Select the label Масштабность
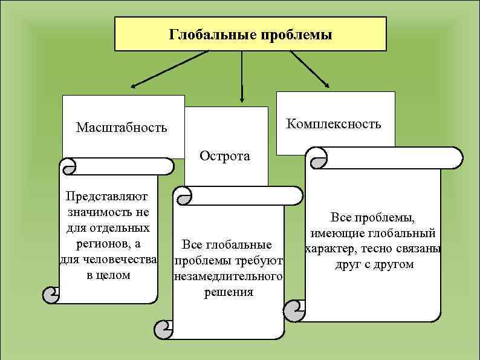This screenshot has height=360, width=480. [x=121, y=128]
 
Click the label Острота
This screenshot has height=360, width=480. [x=225, y=156]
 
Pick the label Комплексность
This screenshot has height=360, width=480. [x=334, y=124]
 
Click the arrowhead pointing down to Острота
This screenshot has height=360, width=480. [x=242, y=98]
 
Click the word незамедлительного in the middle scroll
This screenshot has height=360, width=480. [x=228, y=277]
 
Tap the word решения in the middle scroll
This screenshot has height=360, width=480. [x=228, y=293]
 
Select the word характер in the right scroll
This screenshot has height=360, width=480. [x=329, y=249]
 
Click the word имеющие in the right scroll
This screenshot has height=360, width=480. [x=334, y=234]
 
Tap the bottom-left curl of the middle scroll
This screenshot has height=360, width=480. [x=164, y=329]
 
